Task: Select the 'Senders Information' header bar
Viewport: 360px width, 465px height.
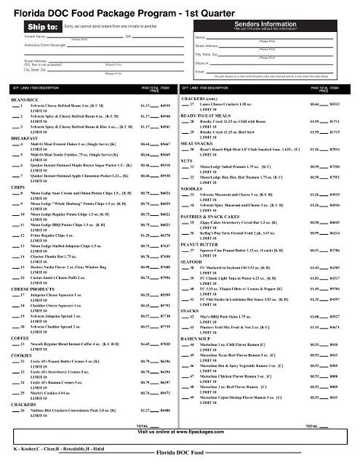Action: click(272, 24)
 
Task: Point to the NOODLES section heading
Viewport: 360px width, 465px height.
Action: click(191, 188)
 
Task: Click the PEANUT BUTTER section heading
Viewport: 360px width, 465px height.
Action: click(199, 245)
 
